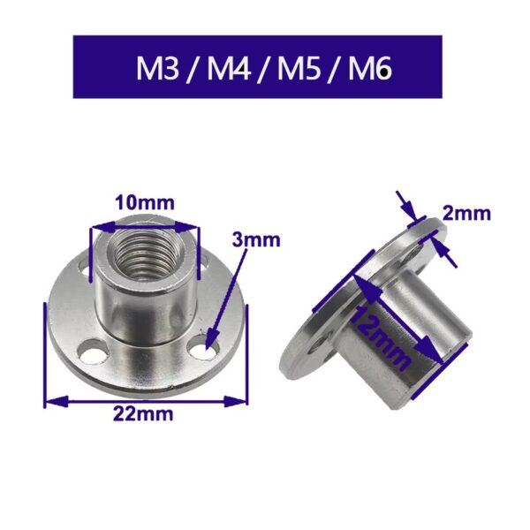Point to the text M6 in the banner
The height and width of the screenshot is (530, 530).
pos(366,68)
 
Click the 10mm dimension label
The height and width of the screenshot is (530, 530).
pos(143,202)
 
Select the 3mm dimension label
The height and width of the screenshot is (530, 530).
pos(256,239)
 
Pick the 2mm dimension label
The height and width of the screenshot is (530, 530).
pos(467,213)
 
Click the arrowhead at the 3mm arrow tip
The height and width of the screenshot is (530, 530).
pos(213,339)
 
